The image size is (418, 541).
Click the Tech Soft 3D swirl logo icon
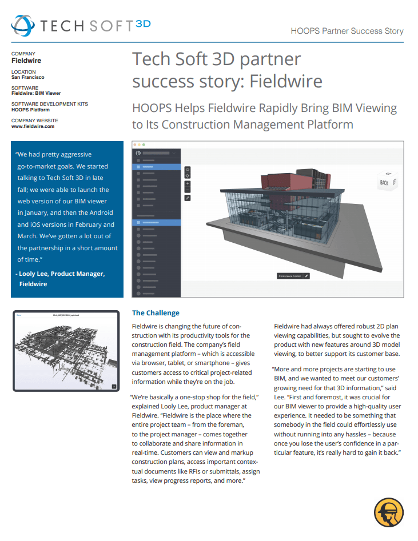[x=23, y=26]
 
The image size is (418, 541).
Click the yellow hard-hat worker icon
[x=389, y=512]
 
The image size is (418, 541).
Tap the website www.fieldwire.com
[x=33, y=126]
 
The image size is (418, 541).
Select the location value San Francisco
[x=27, y=77]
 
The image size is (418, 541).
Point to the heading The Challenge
[x=156, y=313]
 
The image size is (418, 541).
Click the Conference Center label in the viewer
[x=289, y=276]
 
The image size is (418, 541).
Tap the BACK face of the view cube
[x=384, y=183]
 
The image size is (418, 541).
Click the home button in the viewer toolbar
[x=188, y=170]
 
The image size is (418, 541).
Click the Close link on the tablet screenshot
[x=19, y=315]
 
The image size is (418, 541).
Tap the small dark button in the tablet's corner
[x=114, y=386]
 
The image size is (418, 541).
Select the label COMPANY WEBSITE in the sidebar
[x=34, y=121]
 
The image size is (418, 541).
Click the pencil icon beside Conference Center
[x=306, y=276]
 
